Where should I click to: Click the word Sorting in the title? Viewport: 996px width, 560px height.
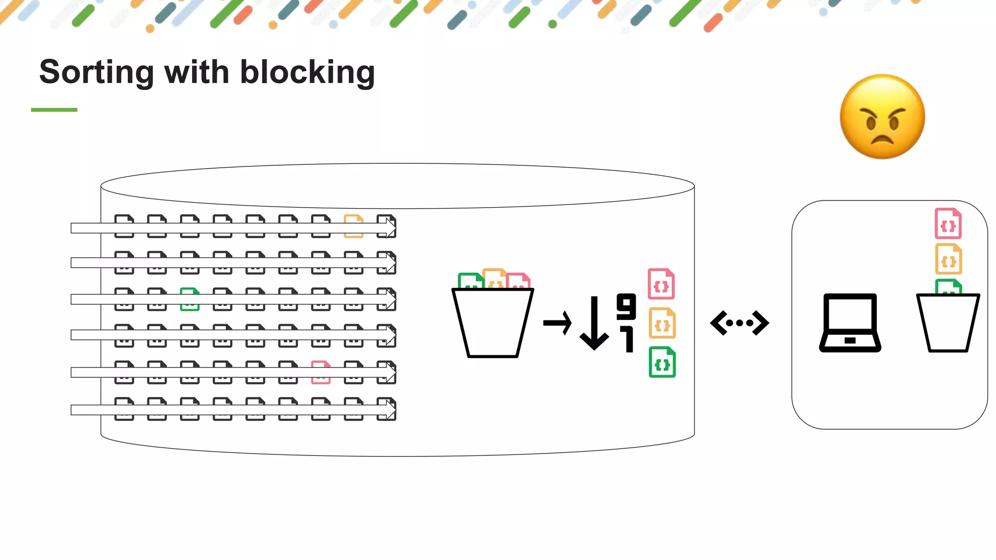pos(96,72)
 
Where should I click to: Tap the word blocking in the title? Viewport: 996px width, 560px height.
pos(307,72)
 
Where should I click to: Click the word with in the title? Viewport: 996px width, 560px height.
pos(196,72)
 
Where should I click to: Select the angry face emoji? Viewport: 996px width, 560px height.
pos(882,117)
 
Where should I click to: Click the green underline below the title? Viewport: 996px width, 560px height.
pos(54,110)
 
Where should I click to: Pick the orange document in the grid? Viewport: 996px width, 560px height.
pos(354,226)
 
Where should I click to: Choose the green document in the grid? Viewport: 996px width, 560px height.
pos(190,299)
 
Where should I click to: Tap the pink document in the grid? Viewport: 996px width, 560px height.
pos(320,372)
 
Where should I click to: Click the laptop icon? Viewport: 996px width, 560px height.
pos(850,322)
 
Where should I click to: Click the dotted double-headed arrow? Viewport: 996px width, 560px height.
pos(739,323)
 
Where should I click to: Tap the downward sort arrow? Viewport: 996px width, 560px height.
pos(594,323)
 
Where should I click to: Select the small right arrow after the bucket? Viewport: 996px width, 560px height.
pos(557,323)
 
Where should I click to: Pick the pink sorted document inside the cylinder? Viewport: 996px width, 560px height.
pos(661,284)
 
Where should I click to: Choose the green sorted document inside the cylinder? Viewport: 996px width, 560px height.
pos(662,362)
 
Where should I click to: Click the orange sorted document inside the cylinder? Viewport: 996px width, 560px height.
pos(662,323)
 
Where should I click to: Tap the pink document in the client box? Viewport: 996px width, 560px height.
pos(948,224)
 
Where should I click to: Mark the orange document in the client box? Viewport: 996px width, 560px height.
pos(948,259)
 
